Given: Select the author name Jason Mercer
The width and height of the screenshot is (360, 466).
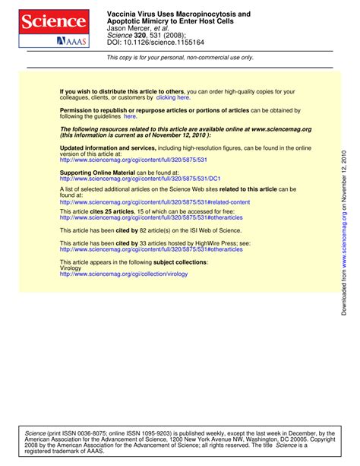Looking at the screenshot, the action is [128, 29].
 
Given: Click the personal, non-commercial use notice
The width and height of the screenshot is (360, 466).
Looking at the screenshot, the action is [180, 57].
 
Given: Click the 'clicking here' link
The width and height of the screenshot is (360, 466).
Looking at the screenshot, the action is [173, 97].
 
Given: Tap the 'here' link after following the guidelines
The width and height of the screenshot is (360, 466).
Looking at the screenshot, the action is [130, 116].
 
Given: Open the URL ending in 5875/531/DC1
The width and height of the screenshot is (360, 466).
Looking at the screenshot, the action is [140, 179].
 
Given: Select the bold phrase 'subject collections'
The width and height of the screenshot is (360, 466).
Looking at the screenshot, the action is [180, 262].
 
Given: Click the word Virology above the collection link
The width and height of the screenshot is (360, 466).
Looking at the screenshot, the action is [70, 268].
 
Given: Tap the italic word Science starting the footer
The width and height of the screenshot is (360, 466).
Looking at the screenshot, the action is [36, 433].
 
